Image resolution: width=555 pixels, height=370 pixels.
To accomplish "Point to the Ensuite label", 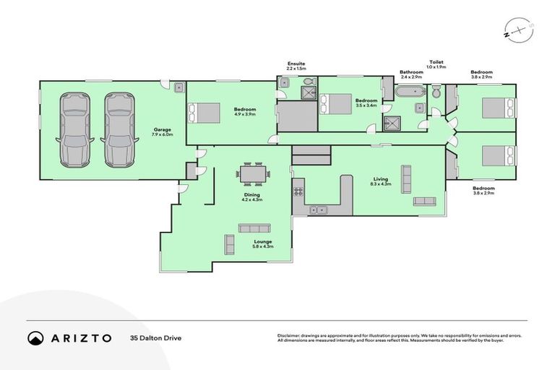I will [296, 64].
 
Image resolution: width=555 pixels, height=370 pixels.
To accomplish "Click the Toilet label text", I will [437, 62].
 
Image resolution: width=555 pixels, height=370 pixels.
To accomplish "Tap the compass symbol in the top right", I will [512, 32].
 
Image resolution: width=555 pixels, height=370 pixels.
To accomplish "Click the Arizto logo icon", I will [36, 337].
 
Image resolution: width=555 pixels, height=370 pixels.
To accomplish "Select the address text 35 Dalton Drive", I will [155, 337].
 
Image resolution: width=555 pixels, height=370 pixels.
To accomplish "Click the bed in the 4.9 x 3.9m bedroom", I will [205, 113].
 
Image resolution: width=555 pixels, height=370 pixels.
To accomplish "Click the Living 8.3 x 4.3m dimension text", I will [381, 184].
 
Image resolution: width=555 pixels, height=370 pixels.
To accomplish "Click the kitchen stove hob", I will [297, 192].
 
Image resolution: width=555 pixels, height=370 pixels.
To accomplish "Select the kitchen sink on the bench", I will [318, 210].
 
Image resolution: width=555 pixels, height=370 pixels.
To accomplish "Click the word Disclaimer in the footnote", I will [289, 335].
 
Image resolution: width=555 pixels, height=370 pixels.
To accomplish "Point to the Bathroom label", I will [411, 72].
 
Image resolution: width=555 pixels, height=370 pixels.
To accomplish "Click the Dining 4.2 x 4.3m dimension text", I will [251, 199].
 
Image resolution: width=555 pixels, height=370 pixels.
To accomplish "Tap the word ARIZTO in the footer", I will [81, 337].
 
